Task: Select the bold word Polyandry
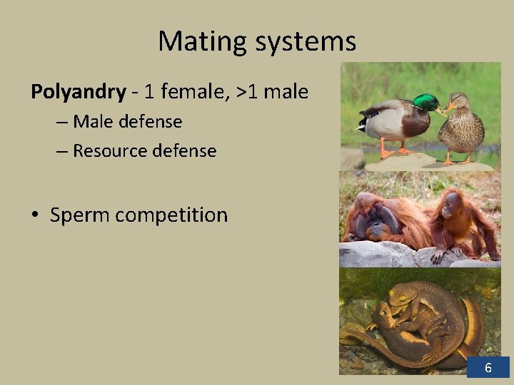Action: coord(78,92)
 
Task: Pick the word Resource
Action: coord(117,151)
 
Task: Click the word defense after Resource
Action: coord(191,151)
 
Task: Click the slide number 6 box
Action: coord(488,368)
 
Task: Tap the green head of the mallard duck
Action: coord(427,103)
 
